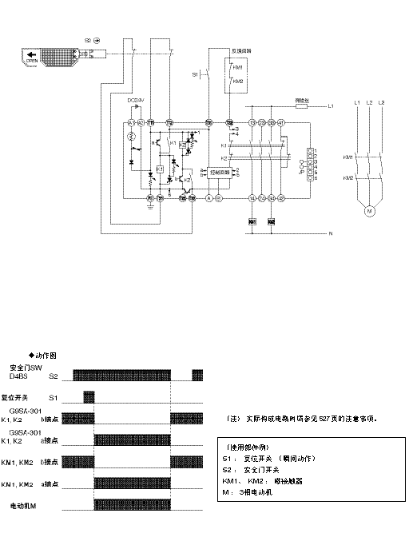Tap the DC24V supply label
(x=135, y=100)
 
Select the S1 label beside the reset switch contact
(x=195, y=74)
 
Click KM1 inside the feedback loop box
(x=239, y=69)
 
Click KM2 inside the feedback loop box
(x=239, y=82)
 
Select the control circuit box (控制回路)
(x=219, y=171)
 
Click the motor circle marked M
(x=369, y=212)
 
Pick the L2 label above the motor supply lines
(x=369, y=103)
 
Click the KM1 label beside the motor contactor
(x=347, y=157)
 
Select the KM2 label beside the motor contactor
(x=347, y=177)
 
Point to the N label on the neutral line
(x=329, y=233)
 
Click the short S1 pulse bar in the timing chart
(x=89, y=396)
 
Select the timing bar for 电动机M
(x=132, y=506)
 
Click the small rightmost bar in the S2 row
(x=198, y=375)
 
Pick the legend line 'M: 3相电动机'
(x=255, y=493)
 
